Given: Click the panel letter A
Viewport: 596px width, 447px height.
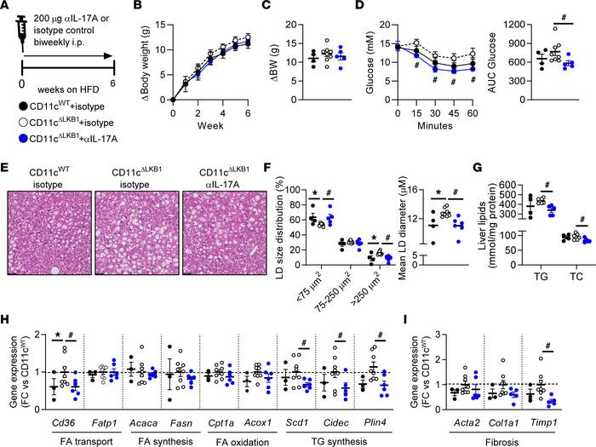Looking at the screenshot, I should pos(8,9).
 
